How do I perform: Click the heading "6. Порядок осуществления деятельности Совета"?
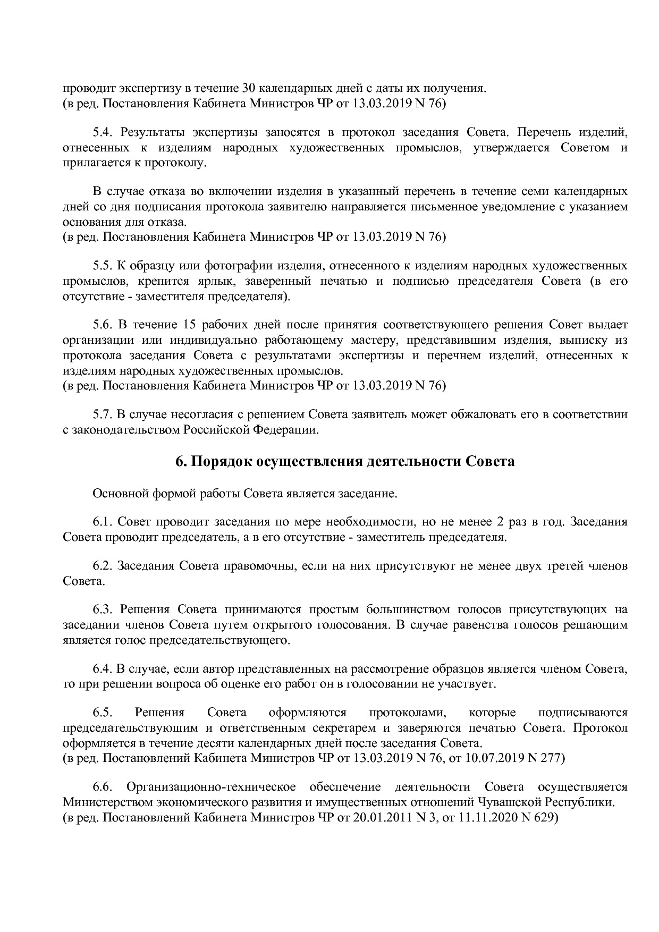pyautogui.click(x=345, y=462)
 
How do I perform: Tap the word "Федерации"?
pyautogui.click(x=291, y=430)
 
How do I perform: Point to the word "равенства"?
pyautogui.click(x=480, y=625)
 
